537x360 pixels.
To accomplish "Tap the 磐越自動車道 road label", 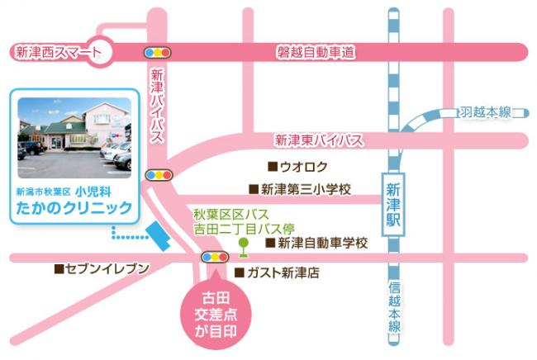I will [x=316, y=53].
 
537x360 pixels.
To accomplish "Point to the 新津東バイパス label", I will [x=319, y=140].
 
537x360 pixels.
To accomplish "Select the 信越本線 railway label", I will [x=397, y=306].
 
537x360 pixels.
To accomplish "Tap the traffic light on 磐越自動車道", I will [x=157, y=52].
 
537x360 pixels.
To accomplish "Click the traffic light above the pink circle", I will [x=215, y=258].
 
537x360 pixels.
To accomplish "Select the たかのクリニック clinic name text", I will [x=74, y=207].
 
